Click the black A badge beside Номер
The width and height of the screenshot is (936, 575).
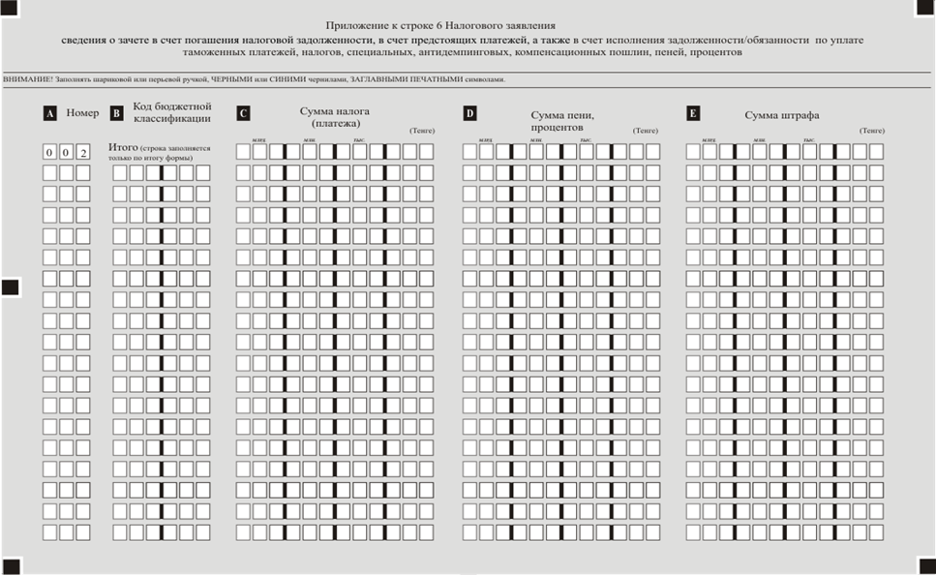49,113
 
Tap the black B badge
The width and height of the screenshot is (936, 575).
116,113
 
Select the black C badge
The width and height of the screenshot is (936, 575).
242,113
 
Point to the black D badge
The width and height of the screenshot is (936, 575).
469,113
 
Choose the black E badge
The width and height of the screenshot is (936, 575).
693,113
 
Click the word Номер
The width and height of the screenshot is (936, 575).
82,113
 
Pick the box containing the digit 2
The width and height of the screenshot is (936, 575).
83,153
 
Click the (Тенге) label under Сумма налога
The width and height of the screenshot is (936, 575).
422,130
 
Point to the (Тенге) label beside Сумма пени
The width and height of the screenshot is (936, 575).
646,130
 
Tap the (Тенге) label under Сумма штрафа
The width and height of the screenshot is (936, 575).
871,130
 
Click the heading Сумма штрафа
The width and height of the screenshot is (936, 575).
782,115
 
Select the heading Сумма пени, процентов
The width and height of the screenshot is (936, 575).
562,121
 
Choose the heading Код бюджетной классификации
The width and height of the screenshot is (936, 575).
172,112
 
